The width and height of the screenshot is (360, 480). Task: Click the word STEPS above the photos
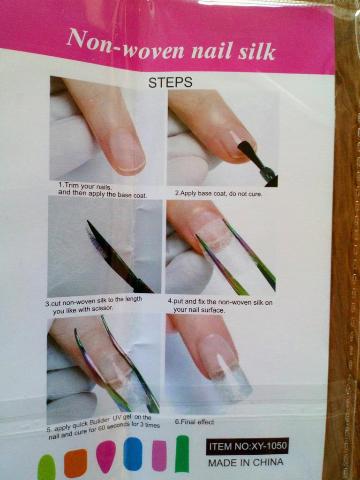point(170,82)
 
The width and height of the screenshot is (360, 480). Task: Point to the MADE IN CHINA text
point(246,462)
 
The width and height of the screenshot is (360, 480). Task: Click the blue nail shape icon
point(133,454)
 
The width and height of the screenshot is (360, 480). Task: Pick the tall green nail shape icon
point(182,454)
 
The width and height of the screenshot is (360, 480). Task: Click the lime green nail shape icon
point(46,467)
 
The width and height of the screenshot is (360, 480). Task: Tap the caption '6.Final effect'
point(195,421)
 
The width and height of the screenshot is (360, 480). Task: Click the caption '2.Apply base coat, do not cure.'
point(218,194)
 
